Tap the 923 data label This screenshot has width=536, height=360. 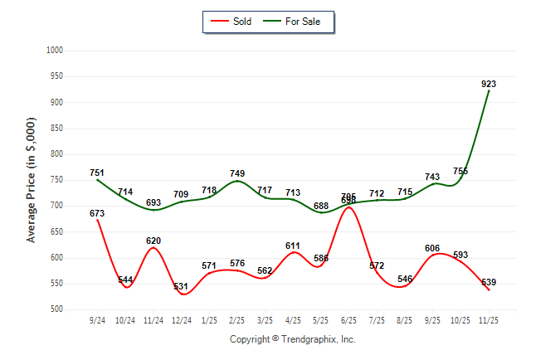(489, 84)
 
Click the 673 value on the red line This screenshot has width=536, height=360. (97, 213)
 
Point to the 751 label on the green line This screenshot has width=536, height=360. (97, 173)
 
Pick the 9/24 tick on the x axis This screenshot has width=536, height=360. (97, 321)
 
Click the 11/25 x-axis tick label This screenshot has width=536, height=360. (489, 321)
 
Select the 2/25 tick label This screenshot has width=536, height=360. (237, 321)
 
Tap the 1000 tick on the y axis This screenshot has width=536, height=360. (55, 51)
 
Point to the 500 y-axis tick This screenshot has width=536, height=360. (56, 309)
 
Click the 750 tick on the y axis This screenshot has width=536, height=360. (56, 180)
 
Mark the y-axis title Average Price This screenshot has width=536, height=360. (32, 180)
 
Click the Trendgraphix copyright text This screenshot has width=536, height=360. (292, 339)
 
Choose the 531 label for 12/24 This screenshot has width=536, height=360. (181, 287)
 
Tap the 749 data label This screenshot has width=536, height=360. (237, 173)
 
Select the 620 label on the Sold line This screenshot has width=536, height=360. (153, 241)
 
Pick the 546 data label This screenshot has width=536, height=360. (405, 279)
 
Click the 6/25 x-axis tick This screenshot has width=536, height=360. (348, 321)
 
